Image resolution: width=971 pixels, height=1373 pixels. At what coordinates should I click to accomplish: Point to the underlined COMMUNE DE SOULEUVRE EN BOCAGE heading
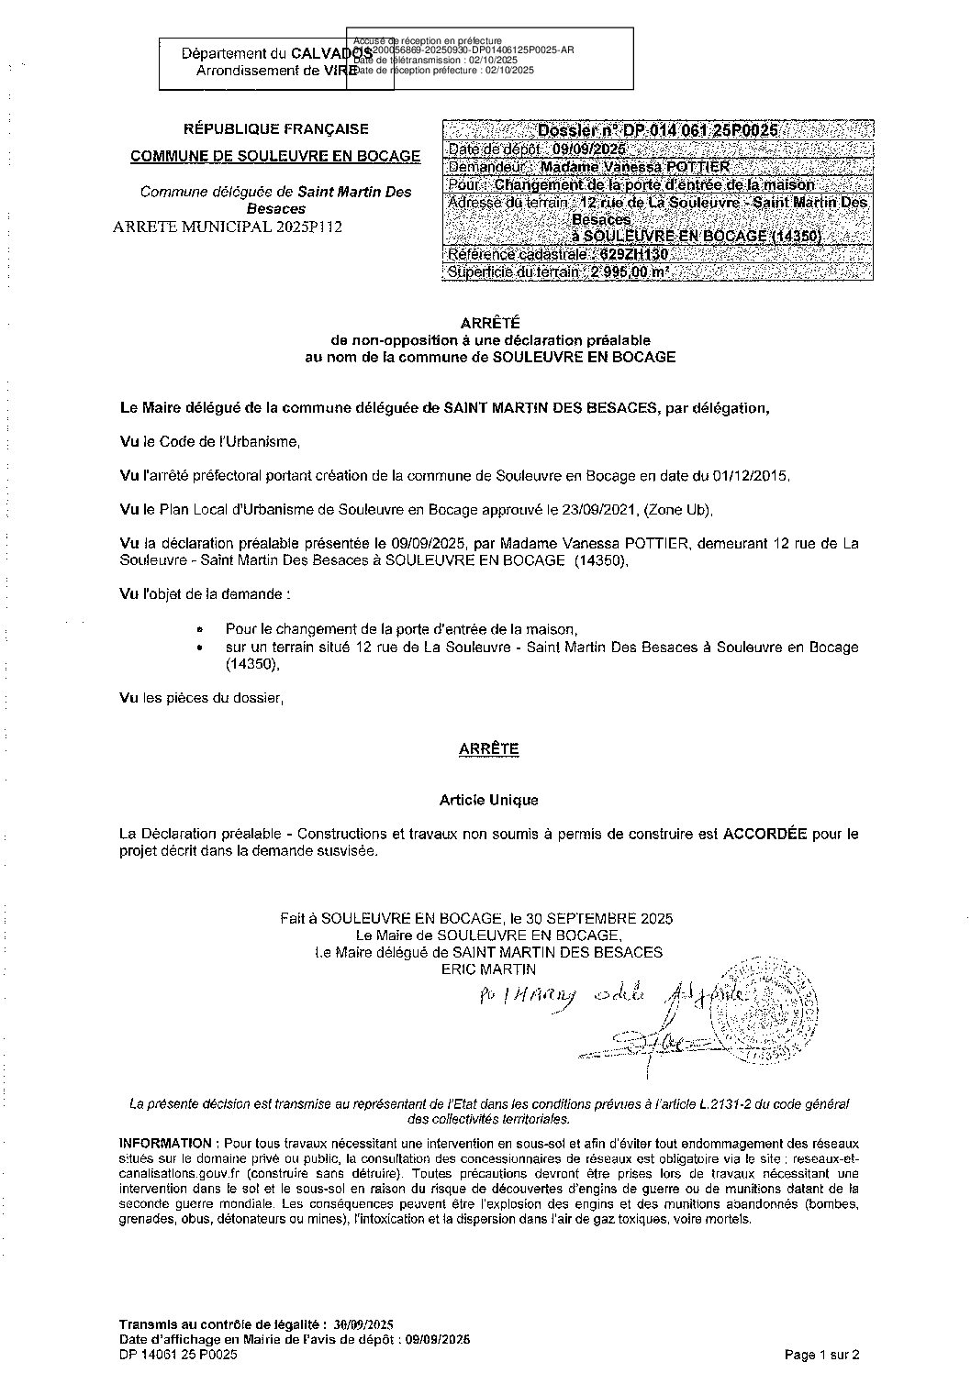point(275,156)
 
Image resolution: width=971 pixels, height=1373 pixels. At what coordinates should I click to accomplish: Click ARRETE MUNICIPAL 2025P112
point(226,227)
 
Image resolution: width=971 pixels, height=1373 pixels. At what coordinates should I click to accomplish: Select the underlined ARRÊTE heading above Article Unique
point(488,749)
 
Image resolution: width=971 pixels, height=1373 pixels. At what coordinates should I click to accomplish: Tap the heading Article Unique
point(488,800)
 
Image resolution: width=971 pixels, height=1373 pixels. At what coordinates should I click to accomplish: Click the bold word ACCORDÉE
point(765,835)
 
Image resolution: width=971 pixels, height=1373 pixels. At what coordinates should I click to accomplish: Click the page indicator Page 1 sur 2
point(822,1354)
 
